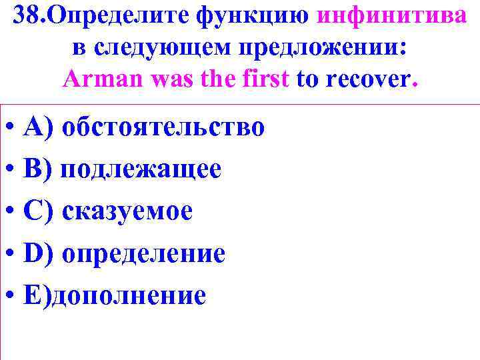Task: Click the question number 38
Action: coord(29,16)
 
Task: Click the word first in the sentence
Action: coord(265,80)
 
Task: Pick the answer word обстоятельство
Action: coord(163,127)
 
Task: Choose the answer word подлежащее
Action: coord(141,169)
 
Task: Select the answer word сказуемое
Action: coord(127,211)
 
